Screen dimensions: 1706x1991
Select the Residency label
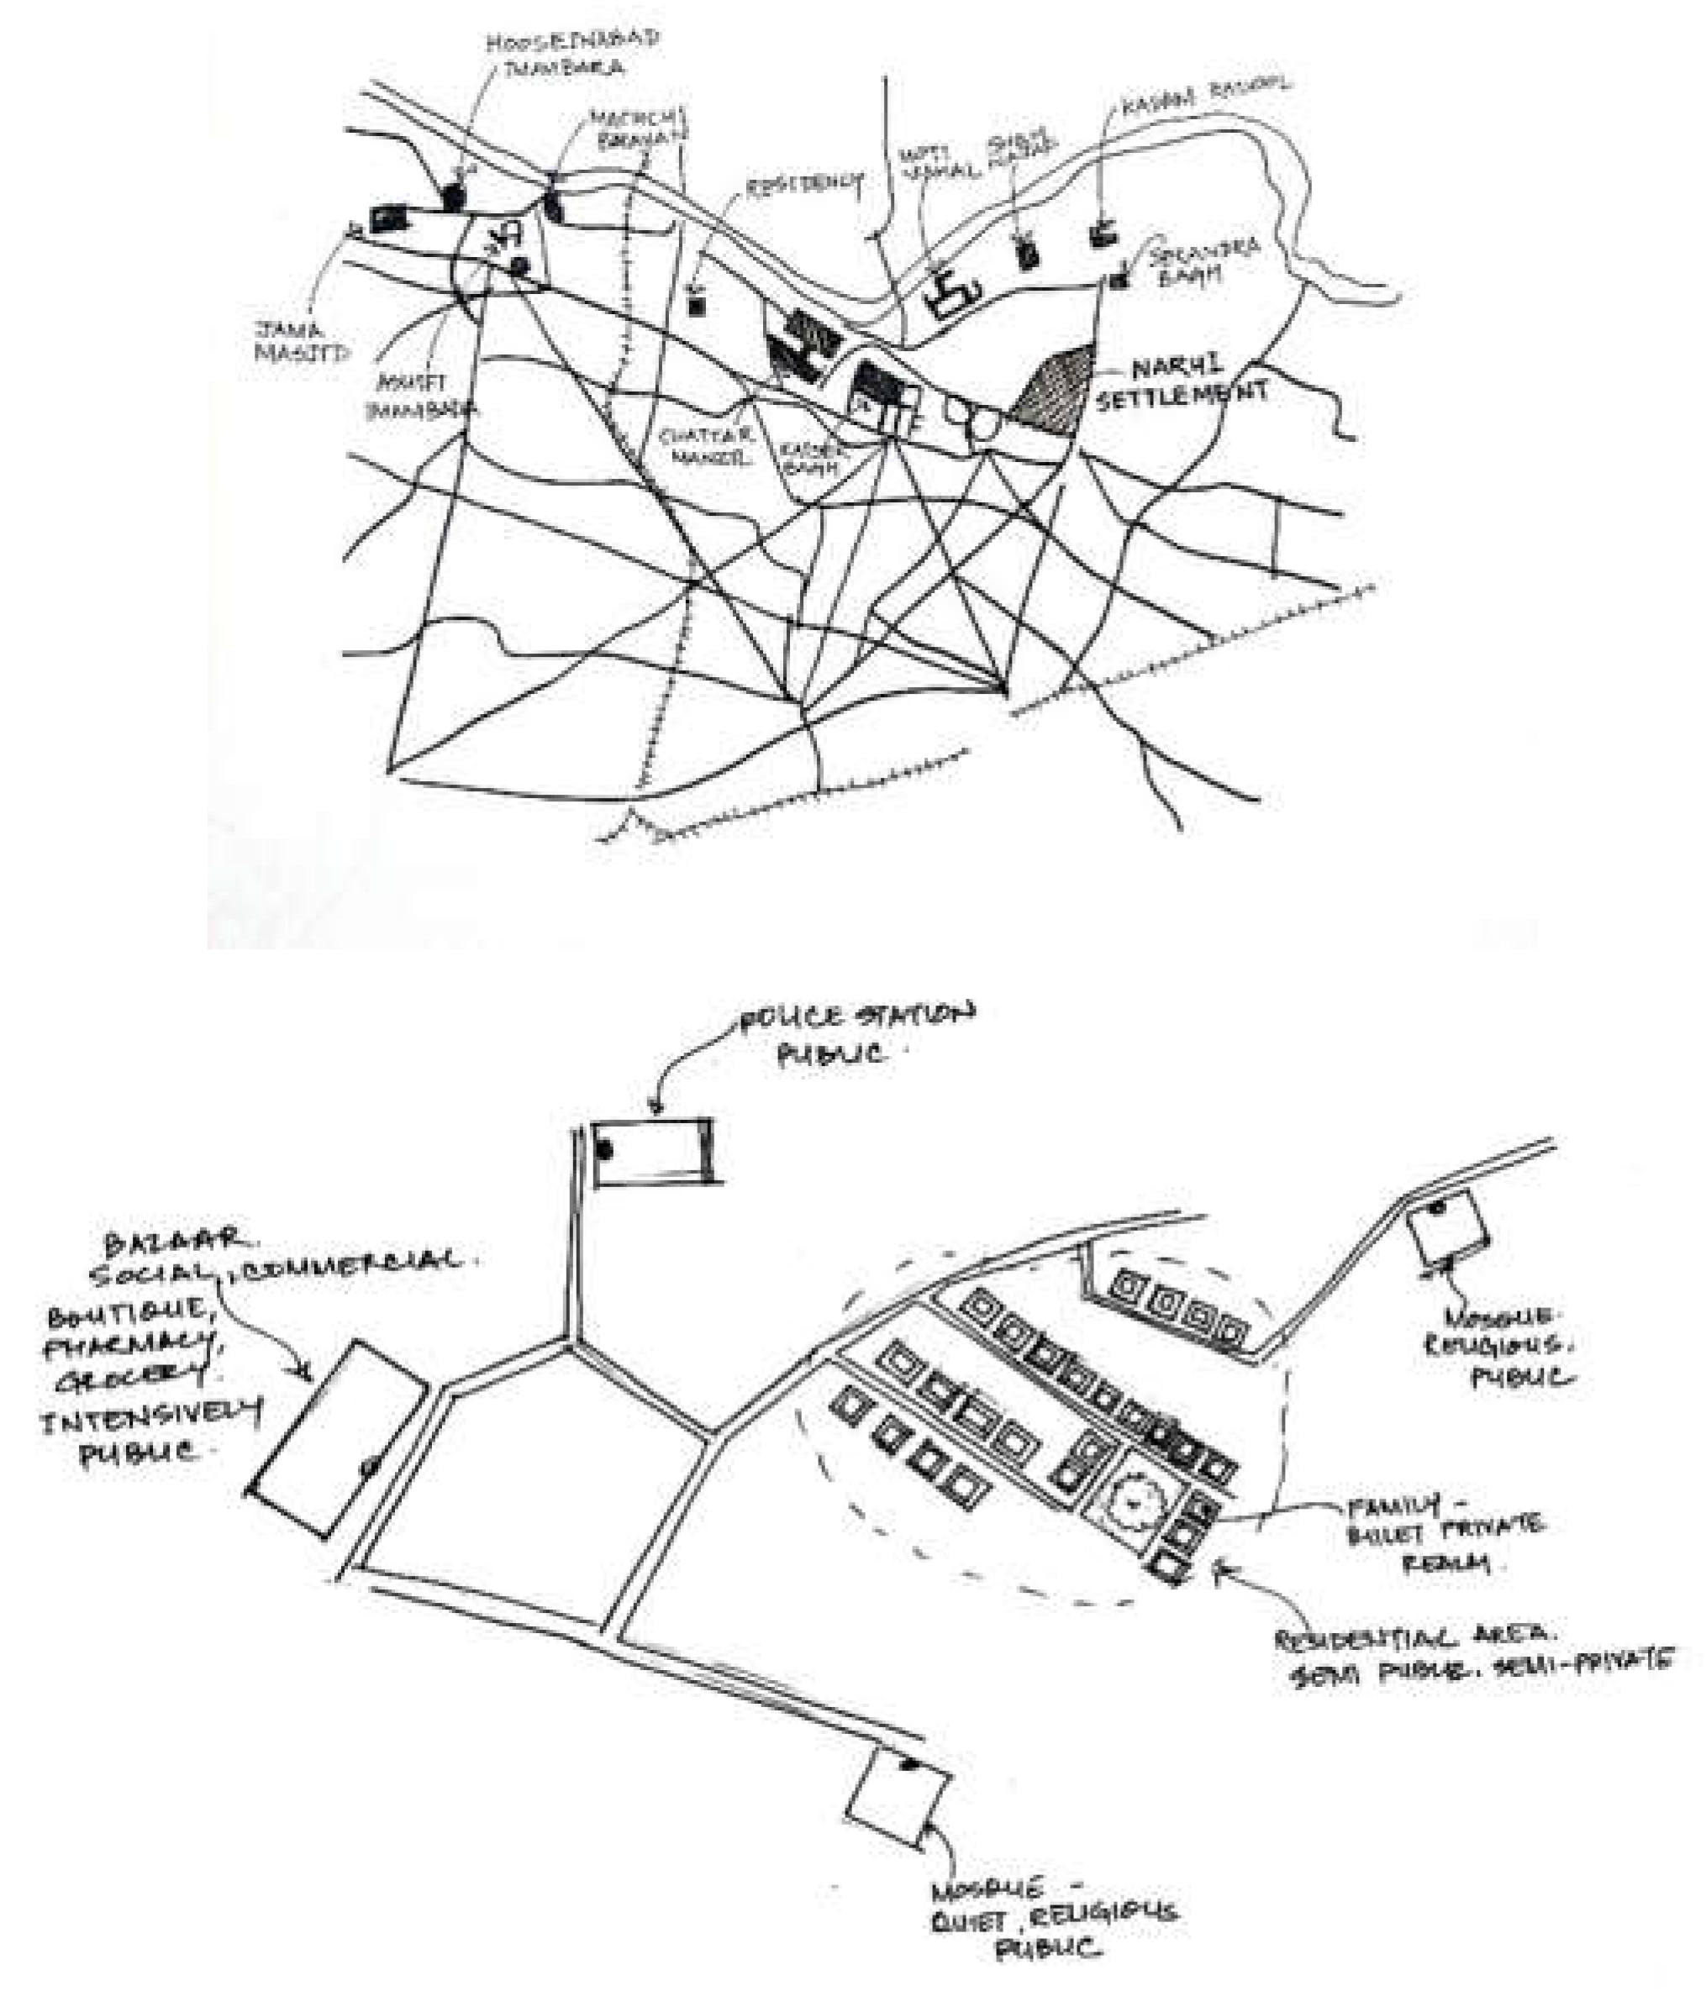tap(805, 185)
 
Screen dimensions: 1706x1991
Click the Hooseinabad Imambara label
tap(571, 54)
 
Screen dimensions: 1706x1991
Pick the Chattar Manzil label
tap(707, 447)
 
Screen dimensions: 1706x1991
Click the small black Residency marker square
tap(698, 306)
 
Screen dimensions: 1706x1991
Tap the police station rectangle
tap(654, 1151)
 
